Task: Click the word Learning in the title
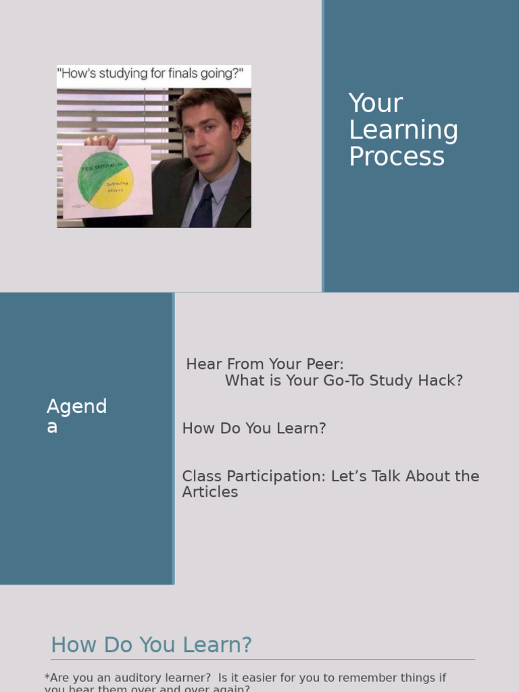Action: pyautogui.click(x=403, y=130)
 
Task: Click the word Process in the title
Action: pyautogui.click(x=397, y=157)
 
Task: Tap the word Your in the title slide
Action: pyautogui.click(x=376, y=103)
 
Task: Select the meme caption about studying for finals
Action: pyautogui.click(x=153, y=74)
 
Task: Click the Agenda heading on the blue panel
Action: pyautogui.click(x=76, y=416)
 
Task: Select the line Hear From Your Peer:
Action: pyautogui.click(x=265, y=364)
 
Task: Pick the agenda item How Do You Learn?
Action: pyautogui.click(x=254, y=428)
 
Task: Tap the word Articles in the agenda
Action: pyautogui.click(x=210, y=493)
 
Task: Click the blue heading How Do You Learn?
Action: pyautogui.click(x=151, y=645)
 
